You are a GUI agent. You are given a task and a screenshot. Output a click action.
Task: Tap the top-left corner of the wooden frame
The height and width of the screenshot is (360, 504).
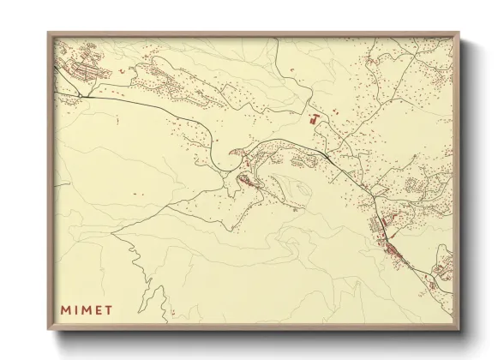point(49,33)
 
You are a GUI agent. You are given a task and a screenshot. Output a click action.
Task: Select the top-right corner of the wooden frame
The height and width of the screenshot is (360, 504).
point(459,33)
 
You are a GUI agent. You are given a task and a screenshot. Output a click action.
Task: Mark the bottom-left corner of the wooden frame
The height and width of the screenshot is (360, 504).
point(49,329)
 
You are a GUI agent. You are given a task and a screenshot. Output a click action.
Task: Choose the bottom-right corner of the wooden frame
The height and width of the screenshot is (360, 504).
point(459,329)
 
